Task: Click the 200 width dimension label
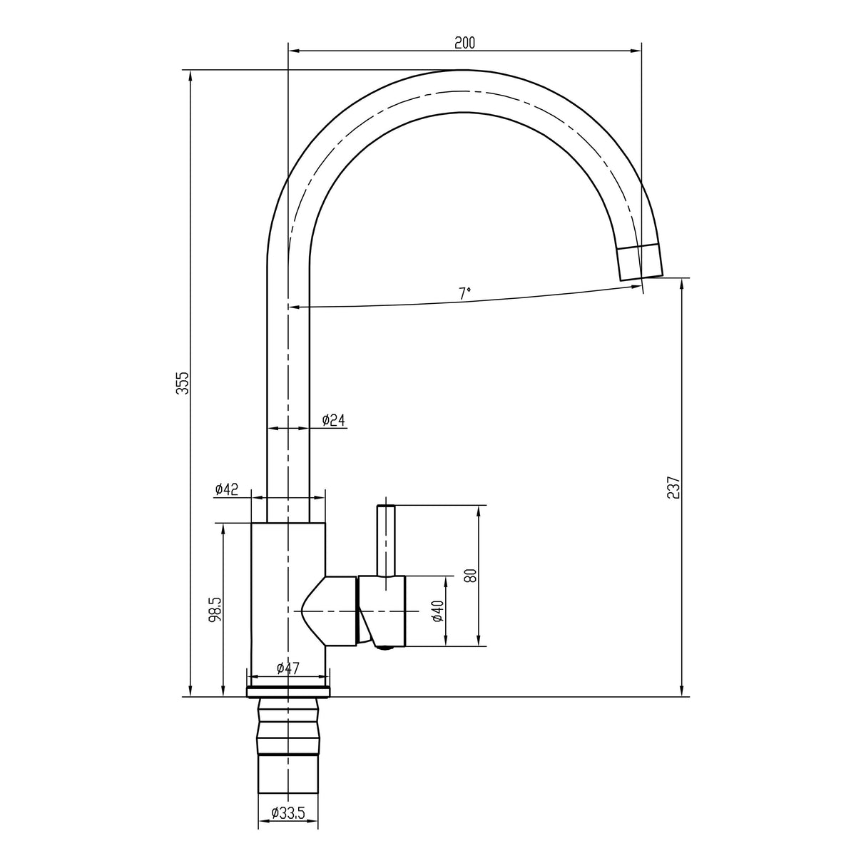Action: click(464, 43)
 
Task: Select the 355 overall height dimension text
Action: click(183, 383)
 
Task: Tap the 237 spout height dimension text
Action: click(674, 487)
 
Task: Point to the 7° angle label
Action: click(465, 293)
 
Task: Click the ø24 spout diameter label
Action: click(333, 419)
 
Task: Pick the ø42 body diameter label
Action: click(227, 489)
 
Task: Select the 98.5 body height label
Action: click(216, 609)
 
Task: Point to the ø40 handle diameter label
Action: click(439, 611)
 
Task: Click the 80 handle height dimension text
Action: click(470, 576)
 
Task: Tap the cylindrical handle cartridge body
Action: click(382, 611)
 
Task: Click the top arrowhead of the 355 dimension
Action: click(190, 76)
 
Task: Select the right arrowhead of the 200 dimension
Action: click(636, 51)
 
